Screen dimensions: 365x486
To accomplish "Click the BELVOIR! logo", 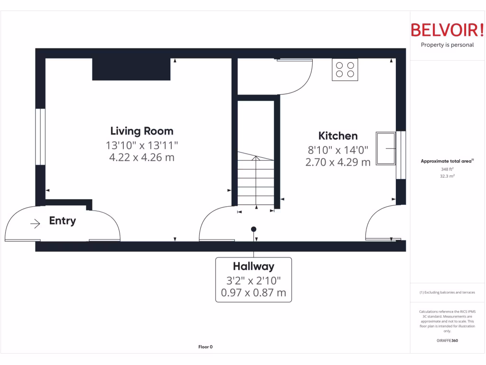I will [447, 30].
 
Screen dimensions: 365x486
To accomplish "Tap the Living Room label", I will [141, 131].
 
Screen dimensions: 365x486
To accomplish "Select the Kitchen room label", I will [338, 136].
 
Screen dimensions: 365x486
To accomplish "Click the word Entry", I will [62, 221].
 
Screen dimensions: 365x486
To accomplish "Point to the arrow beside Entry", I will [35, 223].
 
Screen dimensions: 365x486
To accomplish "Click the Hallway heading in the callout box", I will [253, 266].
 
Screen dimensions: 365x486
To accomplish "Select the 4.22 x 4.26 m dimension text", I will [141, 157].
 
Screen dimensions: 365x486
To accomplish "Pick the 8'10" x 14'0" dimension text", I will [338, 150].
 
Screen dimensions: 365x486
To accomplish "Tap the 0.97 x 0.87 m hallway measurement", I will [253, 292].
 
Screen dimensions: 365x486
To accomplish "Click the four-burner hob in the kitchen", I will [345, 69].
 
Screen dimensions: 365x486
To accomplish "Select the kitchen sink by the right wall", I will [386, 149].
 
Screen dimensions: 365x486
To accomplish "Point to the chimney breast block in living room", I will [131, 69].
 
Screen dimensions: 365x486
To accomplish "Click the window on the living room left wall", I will [40, 137].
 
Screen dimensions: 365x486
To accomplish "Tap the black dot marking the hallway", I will [253, 229].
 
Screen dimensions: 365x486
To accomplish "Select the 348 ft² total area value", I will [447, 169].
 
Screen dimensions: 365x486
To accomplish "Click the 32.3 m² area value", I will [447, 176].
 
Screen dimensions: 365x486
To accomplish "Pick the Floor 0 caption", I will [205, 347].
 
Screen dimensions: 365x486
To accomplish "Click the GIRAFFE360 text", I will [447, 340].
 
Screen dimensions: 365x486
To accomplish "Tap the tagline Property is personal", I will [447, 45].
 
